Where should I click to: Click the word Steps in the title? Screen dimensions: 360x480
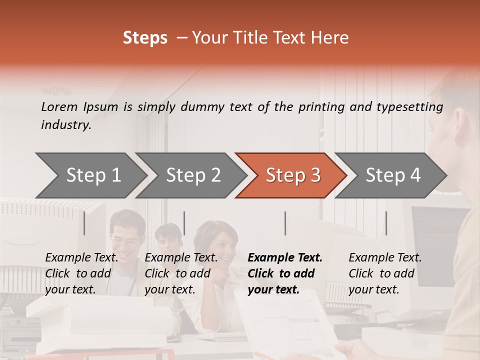pyautogui.click(x=145, y=38)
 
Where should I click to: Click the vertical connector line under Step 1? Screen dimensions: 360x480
pyautogui.click(x=84, y=223)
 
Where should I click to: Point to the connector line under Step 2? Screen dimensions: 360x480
pyautogui.click(x=184, y=223)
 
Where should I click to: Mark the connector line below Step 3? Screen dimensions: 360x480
pyautogui.click(x=285, y=223)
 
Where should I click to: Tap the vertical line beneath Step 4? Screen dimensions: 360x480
pyautogui.click(x=386, y=223)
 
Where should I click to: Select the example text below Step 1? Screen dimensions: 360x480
pyautogui.click(x=81, y=273)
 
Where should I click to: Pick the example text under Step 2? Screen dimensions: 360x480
pyautogui.click(x=181, y=273)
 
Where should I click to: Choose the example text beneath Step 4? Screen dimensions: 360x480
pyautogui.click(x=385, y=273)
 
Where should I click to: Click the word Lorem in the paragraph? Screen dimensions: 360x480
pyautogui.click(x=59, y=106)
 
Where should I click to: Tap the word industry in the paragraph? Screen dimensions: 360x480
pyautogui.click(x=66, y=125)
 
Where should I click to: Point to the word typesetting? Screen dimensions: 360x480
pyautogui.click(x=409, y=107)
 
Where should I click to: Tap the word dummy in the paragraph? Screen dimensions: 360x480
pyautogui.click(x=203, y=107)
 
